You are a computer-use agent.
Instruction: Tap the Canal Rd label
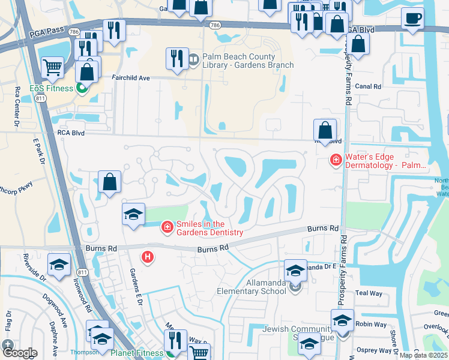coord(369,86)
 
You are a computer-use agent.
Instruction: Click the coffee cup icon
coord(412,18)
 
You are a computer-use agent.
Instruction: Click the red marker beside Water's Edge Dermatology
coord(335,160)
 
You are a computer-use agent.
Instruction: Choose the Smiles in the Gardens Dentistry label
coord(209,229)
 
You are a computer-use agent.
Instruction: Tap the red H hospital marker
coord(147,257)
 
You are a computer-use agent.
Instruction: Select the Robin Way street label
coord(371,325)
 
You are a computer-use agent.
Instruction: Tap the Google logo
coord(20,353)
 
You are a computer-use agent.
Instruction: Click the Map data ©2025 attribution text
coord(423,355)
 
